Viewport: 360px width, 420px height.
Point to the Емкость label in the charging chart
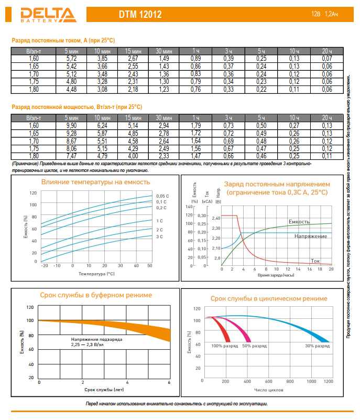(x=299, y=222)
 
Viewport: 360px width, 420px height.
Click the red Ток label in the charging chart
(x=315, y=260)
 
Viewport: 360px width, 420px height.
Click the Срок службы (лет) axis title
(x=103, y=390)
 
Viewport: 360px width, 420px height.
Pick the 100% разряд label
(x=224, y=346)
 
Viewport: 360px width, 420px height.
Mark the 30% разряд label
(x=317, y=346)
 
